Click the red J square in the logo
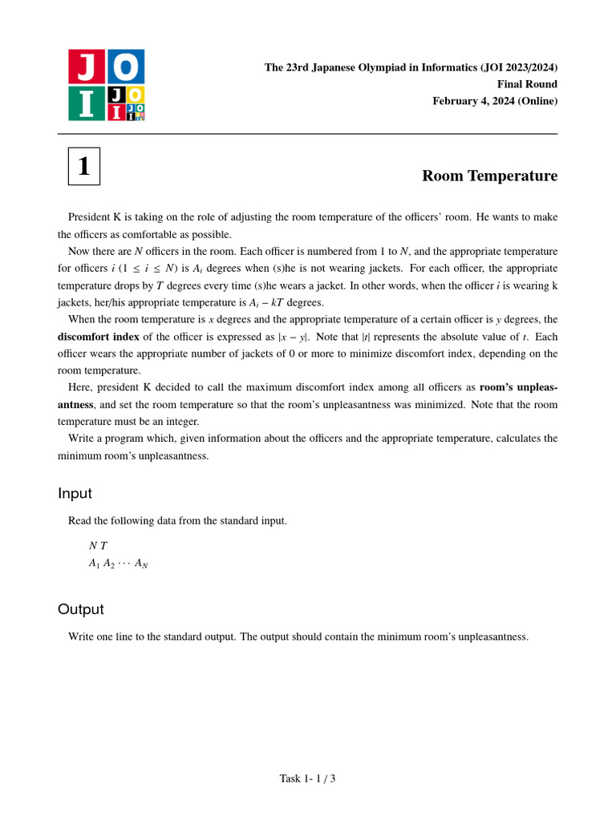(x=87, y=67)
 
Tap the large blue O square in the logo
(x=125, y=67)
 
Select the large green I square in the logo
(x=87, y=103)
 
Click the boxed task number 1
(x=84, y=166)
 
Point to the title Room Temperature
(x=489, y=176)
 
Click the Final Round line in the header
(x=527, y=84)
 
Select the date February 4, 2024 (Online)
(x=495, y=101)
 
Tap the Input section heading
(x=75, y=493)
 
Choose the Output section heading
(x=81, y=609)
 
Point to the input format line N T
(x=98, y=546)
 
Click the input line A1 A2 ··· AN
(x=118, y=564)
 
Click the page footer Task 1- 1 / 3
(x=307, y=778)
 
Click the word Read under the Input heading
(x=81, y=521)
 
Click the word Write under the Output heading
(x=82, y=637)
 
